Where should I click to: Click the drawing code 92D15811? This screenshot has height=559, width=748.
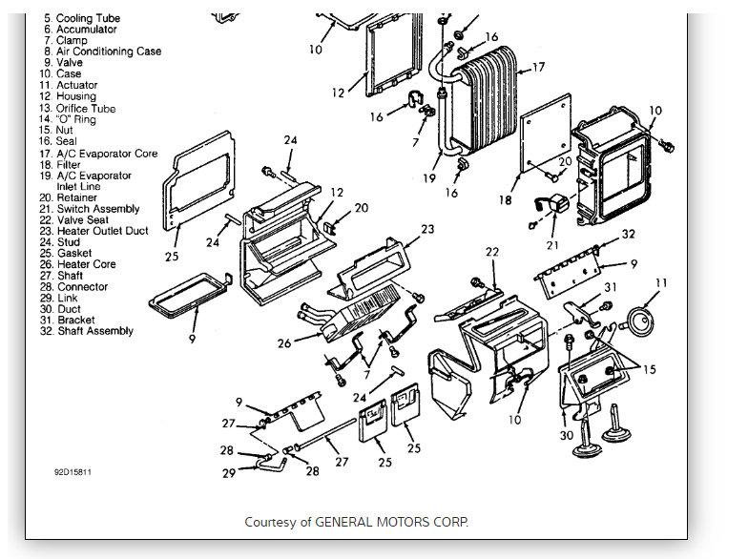(73, 471)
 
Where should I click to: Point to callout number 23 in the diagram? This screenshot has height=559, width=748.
(426, 229)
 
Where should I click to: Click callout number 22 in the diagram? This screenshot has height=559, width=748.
(491, 252)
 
